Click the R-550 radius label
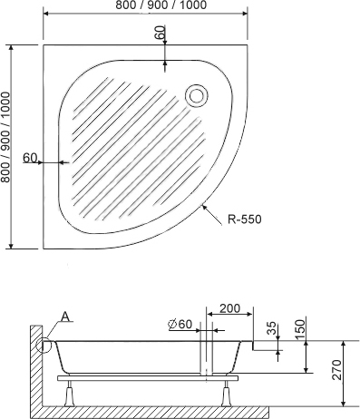pos(245,219)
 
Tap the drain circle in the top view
pos(197,96)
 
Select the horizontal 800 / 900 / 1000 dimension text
pos(161,5)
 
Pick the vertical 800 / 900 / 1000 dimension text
pos(5,137)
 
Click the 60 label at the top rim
pos(161,32)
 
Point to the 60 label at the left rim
pos(30,157)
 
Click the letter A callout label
pos(65,317)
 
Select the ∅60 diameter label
pos(180,324)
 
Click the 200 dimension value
pos(229,308)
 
